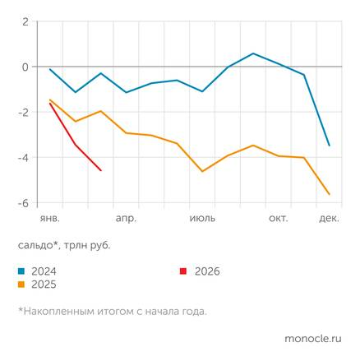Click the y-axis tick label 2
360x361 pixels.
(x=25, y=21)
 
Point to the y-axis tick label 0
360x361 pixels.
(x=25, y=67)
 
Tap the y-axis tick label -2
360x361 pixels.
(x=24, y=112)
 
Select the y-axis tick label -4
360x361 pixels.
(x=24, y=158)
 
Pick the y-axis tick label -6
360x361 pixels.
(x=24, y=203)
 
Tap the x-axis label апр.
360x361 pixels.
(x=126, y=218)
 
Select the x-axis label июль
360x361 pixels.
(x=202, y=218)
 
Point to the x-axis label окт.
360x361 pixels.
(x=279, y=218)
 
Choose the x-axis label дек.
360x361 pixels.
(x=329, y=218)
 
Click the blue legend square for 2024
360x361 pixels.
(x=21, y=271)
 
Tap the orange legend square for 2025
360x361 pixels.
(x=21, y=284)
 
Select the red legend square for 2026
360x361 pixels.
(x=185, y=271)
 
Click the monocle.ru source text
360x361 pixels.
(x=312, y=338)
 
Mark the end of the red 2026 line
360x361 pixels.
(x=101, y=170)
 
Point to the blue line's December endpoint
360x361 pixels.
(x=330, y=146)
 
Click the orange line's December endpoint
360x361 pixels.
(x=330, y=194)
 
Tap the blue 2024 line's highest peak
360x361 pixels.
(x=253, y=53)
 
